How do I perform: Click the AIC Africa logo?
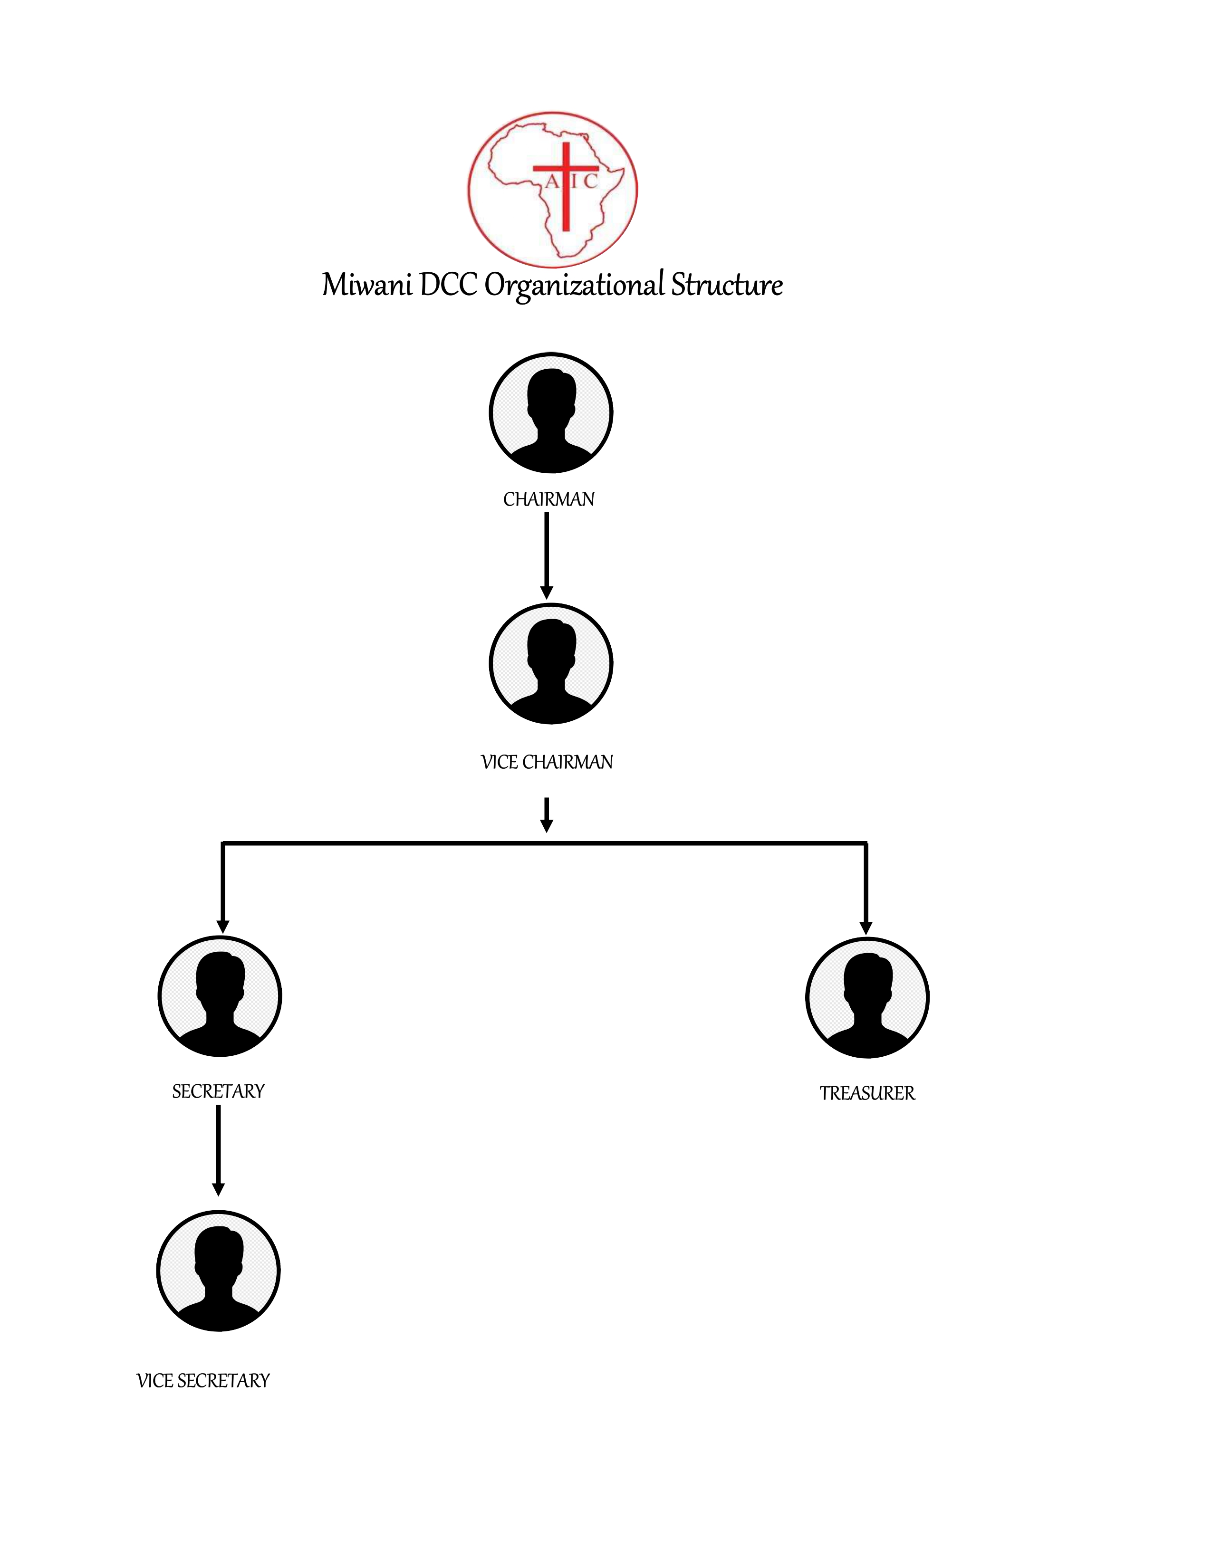pyautogui.click(x=552, y=190)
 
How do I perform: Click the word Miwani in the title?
pyautogui.click(x=367, y=285)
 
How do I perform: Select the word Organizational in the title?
pyautogui.click(x=575, y=286)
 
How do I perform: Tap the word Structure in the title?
pyautogui.click(x=727, y=285)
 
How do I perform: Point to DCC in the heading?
pyautogui.click(x=448, y=285)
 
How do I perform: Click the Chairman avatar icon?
pyautogui.click(x=551, y=413)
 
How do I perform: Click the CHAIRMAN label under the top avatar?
pyautogui.click(x=548, y=500)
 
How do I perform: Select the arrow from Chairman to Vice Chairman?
pyautogui.click(x=547, y=556)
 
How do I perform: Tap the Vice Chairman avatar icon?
pyautogui.click(x=551, y=664)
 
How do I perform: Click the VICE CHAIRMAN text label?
pyautogui.click(x=547, y=763)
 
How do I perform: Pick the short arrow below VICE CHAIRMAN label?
pyautogui.click(x=547, y=815)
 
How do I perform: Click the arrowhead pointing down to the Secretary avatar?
pyautogui.click(x=222, y=926)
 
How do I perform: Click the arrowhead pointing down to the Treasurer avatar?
pyautogui.click(x=866, y=927)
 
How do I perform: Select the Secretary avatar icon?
pyautogui.click(x=220, y=996)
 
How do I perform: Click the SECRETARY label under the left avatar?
pyautogui.click(x=218, y=1092)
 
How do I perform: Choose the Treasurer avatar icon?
pyautogui.click(x=867, y=998)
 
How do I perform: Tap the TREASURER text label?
pyautogui.click(x=867, y=1093)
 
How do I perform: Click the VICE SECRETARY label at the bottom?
pyautogui.click(x=203, y=1381)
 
